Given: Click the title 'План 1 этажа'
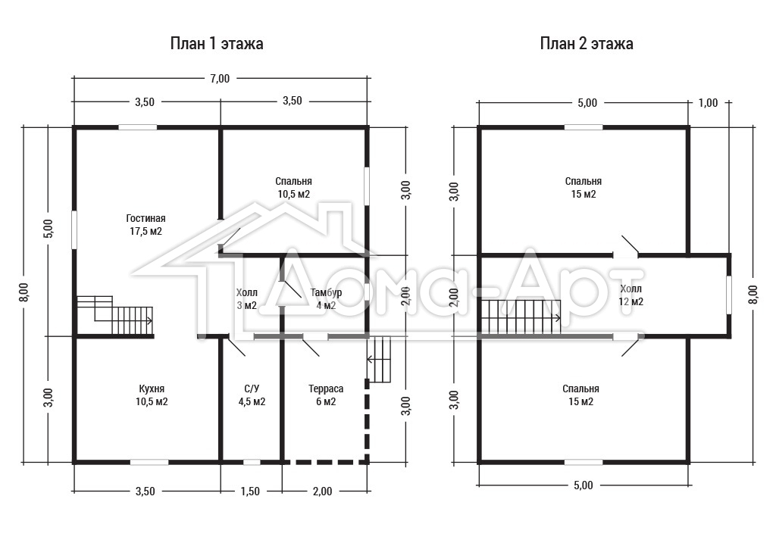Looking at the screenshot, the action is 216,43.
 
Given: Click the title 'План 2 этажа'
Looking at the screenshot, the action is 587,43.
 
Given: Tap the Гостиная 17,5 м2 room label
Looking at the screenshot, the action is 145,224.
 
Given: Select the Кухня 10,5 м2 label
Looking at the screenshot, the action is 152,395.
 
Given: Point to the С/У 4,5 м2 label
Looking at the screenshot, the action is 252,395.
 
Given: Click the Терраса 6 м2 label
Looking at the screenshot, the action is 326,395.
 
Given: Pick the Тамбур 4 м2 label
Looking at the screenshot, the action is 326,298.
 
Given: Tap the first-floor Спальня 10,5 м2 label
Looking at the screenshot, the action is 293,187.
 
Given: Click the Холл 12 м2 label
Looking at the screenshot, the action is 630,295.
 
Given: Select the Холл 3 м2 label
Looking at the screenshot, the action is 246,298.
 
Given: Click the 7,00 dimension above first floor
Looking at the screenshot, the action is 220,78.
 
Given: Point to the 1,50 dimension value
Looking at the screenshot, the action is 250,491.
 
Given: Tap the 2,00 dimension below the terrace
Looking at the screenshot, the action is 322,491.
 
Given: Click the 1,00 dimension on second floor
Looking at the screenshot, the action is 708,103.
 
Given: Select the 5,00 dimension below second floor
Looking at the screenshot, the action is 583,485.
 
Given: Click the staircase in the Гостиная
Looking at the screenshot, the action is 115,316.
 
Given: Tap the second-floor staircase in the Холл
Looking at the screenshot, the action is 521,317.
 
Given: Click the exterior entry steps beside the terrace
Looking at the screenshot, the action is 379,359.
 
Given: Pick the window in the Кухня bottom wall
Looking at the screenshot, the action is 149,463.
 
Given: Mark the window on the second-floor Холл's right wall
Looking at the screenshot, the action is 728,295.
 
